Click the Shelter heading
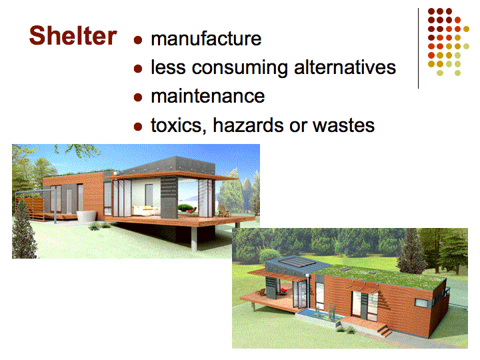73,35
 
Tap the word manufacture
206,39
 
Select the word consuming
239,68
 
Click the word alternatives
345,67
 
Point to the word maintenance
208,96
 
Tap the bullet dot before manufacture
138,40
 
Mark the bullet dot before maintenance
138,97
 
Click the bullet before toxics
138,127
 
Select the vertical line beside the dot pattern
418,49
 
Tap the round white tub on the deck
86,215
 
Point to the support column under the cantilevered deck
194,239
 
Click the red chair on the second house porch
285,289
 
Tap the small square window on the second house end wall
422,302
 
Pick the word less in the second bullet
168,67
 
